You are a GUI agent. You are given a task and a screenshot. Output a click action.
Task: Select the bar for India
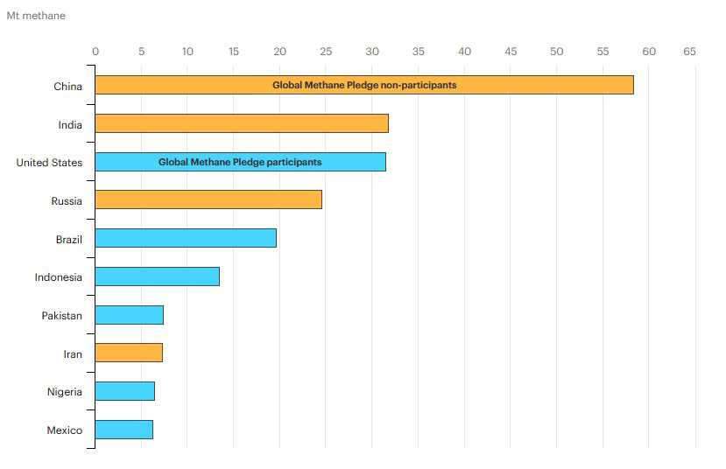241,123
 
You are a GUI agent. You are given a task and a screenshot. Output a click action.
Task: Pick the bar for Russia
208,199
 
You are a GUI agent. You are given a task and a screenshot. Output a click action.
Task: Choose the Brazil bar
185,238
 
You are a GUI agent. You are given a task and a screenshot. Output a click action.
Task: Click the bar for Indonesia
157,276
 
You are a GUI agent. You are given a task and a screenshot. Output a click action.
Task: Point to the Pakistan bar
129,315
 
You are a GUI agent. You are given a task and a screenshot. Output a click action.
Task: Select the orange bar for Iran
128,353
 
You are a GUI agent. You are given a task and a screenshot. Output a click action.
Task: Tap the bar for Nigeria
124,391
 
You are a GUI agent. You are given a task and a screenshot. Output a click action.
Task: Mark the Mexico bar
123,430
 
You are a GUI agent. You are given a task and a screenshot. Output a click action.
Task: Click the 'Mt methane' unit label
36,16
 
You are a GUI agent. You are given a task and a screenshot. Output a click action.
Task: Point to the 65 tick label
689,52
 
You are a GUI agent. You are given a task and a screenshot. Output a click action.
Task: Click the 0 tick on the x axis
95,52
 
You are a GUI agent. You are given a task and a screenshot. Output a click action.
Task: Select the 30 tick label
372,52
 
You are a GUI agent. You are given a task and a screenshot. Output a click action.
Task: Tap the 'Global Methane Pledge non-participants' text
364,86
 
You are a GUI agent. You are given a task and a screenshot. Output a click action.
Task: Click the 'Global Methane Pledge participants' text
240,162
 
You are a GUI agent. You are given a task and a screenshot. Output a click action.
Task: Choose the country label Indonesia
59,277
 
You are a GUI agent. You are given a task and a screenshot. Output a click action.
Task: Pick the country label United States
49,163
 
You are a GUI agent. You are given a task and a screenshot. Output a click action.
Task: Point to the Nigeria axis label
65,392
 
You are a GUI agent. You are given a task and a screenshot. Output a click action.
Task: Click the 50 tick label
556,52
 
